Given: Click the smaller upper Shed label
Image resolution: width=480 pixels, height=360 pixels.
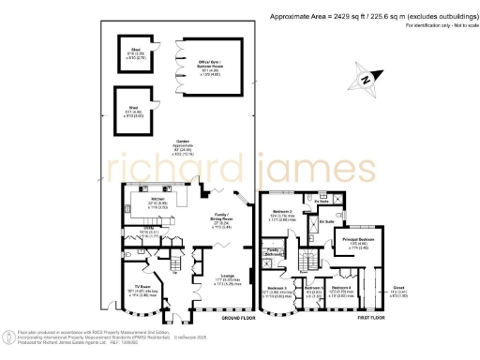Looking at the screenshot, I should pyautogui.click(x=135, y=53).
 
